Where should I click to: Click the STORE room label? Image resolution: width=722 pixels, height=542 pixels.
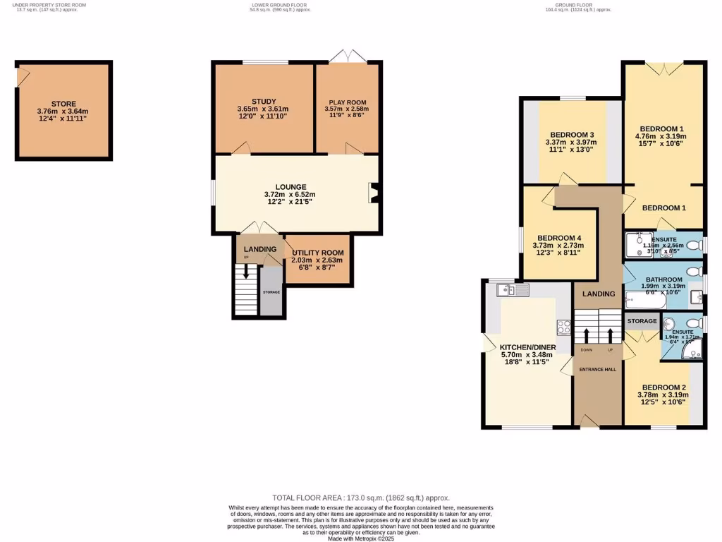(x=63, y=104)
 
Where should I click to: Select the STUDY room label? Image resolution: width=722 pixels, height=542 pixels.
(x=264, y=102)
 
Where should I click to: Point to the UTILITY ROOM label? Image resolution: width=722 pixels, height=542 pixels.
(x=317, y=253)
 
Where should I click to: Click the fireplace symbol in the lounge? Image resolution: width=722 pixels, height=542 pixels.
(x=374, y=193)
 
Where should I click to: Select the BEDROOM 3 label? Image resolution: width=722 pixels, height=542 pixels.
(x=572, y=135)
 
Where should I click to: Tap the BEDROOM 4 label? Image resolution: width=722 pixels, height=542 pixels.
(x=558, y=238)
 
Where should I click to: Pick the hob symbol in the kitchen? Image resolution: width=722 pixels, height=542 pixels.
(x=564, y=326)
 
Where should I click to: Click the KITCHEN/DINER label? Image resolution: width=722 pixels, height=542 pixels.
(x=527, y=348)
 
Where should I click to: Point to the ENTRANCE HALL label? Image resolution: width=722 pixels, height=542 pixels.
(x=597, y=369)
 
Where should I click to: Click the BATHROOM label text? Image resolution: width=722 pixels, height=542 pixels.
(x=663, y=279)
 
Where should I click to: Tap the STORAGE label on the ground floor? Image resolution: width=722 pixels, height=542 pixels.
(x=642, y=321)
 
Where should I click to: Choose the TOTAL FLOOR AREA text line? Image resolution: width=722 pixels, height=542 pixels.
(x=360, y=498)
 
